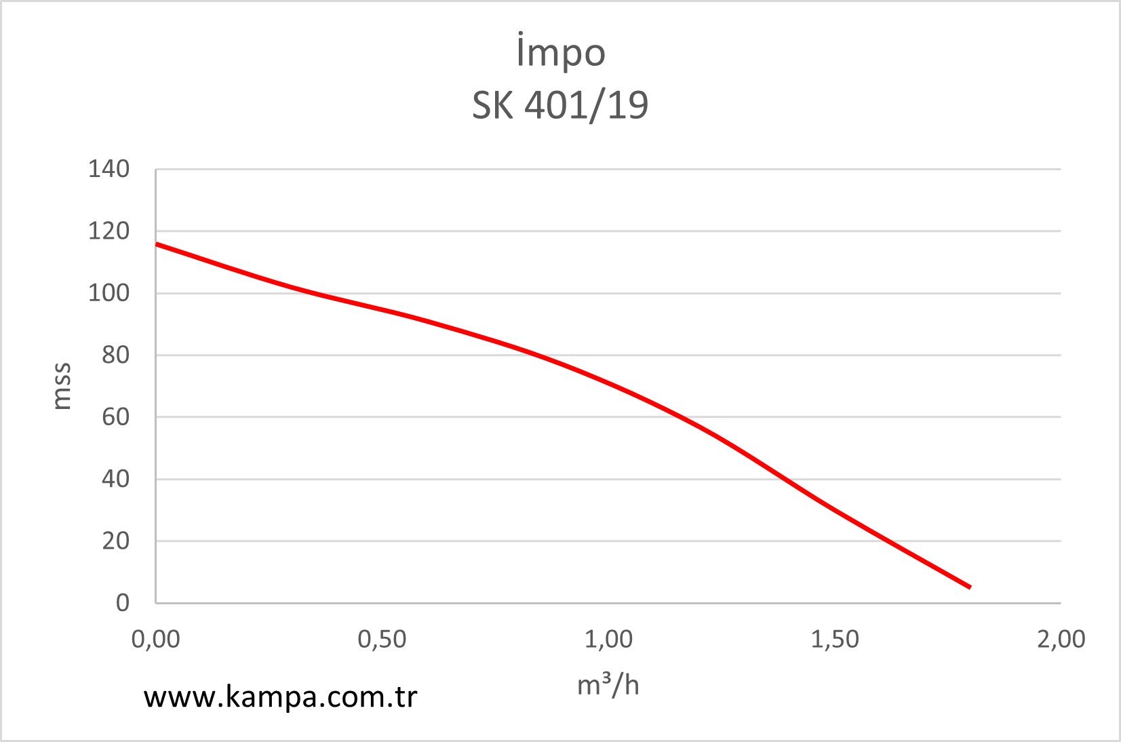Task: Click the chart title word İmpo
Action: click(x=560, y=53)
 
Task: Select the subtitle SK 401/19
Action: click(x=560, y=105)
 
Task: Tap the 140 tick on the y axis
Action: click(x=109, y=170)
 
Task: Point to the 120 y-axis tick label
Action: click(x=109, y=231)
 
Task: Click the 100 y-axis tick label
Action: click(x=109, y=294)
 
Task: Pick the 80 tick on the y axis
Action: click(x=115, y=355)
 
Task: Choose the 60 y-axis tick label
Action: click(x=115, y=417)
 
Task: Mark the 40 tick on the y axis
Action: click(x=115, y=480)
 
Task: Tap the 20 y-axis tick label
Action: click(x=115, y=541)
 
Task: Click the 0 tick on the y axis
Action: click(x=122, y=603)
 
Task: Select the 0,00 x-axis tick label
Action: click(x=156, y=639)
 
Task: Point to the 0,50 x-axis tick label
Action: click(x=382, y=639)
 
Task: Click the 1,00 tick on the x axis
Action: click(x=608, y=639)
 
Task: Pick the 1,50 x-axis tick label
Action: click(x=835, y=639)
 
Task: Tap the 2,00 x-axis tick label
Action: click(x=1061, y=639)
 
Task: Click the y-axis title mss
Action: click(x=62, y=386)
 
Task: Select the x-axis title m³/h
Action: click(x=608, y=685)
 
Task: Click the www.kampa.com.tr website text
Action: click(x=280, y=697)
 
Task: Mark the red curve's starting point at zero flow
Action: click(x=157, y=244)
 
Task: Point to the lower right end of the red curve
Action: click(x=970, y=587)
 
